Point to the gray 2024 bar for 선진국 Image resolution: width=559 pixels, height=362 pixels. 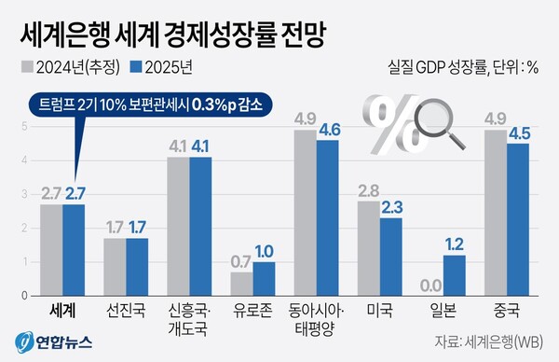[x=115, y=267]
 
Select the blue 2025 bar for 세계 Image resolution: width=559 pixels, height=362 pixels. [x=74, y=249]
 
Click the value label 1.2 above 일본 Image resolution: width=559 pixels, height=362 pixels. [x=454, y=245]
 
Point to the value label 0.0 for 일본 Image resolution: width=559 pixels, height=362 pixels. [x=431, y=285]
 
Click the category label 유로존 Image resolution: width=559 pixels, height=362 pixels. [x=252, y=306]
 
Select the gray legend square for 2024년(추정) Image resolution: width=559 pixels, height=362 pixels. [x=26, y=67]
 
